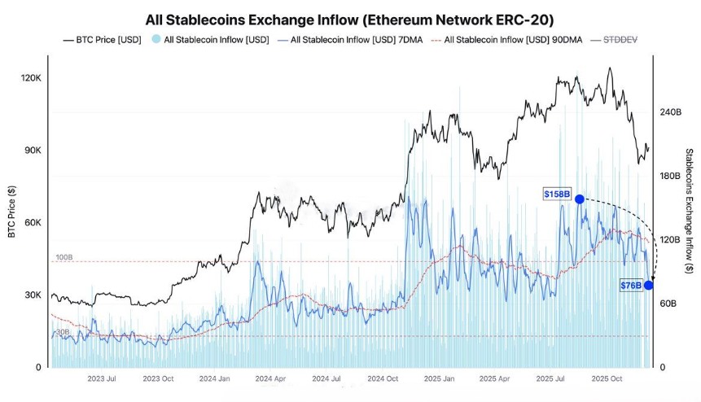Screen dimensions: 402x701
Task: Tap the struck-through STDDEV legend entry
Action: pyautogui.click(x=619, y=39)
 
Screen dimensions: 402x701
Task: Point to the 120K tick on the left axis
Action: pyautogui.click(x=31, y=78)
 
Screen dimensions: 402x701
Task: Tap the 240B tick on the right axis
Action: pyautogui.click(x=669, y=112)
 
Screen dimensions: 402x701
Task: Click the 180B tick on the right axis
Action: pyautogui.click(x=669, y=176)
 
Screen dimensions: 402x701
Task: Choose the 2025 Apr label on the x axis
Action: pyautogui.click(x=494, y=379)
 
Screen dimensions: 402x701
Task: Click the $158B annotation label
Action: pyautogui.click(x=557, y=194)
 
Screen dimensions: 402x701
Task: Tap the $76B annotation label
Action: pyautogui.click(x=630, y=285)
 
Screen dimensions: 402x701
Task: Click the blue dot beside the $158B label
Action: pyautogui.click(x=579, y=199)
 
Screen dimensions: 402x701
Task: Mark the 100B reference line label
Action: pyautogui.click(x=64, y=257)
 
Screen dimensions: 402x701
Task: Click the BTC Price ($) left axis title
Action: pyautogui.click(x=11, y=212)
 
